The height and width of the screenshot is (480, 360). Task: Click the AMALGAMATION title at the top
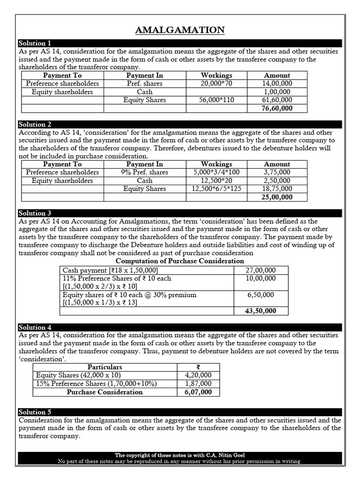tap(180, 30)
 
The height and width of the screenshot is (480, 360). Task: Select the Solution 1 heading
tap(34, 43)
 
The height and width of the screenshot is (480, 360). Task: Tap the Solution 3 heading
tap(34, 213)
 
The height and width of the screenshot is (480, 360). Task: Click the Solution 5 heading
tap(34, 412)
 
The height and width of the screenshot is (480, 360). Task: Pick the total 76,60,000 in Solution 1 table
tap(277, 108)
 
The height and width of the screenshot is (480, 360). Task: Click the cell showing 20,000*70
tap(216, 83)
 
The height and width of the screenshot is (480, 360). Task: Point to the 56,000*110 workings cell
tap(216, 100)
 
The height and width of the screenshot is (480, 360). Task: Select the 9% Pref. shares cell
tap(144, 172)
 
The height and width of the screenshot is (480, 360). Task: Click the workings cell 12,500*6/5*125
tap(216, 189)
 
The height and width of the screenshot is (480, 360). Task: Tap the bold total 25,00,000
tap(277, 197)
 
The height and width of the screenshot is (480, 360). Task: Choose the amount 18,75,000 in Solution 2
tap(277, 189)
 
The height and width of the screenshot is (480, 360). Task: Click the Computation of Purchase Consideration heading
tap(180, 261)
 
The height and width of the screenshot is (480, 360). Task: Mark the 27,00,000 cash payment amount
tap(261, 270)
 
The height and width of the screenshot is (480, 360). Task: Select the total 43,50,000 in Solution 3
tap(261, 311)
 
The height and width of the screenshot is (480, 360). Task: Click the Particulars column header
tap(105, 367)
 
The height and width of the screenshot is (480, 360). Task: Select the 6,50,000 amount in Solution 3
tap(261, 295)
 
